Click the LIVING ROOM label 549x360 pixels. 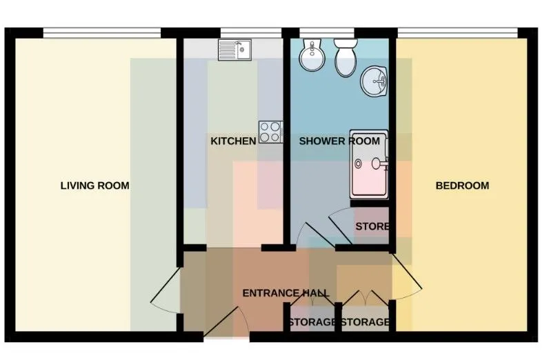pos(95,186)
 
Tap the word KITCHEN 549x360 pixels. pos(233,141)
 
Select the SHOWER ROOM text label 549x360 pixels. pos(339,141)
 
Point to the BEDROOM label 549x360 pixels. pos(462,186)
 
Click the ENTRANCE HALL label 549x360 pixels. pos(286,293)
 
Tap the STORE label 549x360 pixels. pos(372,226)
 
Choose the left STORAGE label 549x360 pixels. pos(312,322)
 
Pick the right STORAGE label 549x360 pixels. pos(365,322)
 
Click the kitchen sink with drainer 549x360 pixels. pos(234,50)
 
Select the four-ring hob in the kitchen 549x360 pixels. pos(271,132)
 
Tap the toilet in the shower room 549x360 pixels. pos(346,57)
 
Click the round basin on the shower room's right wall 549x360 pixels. pos(375,81)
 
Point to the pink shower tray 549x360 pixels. pos(370,165)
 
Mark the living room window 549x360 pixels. pos(102,32)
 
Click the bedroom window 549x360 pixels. pos(458,32)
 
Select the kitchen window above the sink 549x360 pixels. pos(251,32)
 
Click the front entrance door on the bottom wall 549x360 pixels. pos(226,322)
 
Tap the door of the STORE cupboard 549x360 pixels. pos(340,226)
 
